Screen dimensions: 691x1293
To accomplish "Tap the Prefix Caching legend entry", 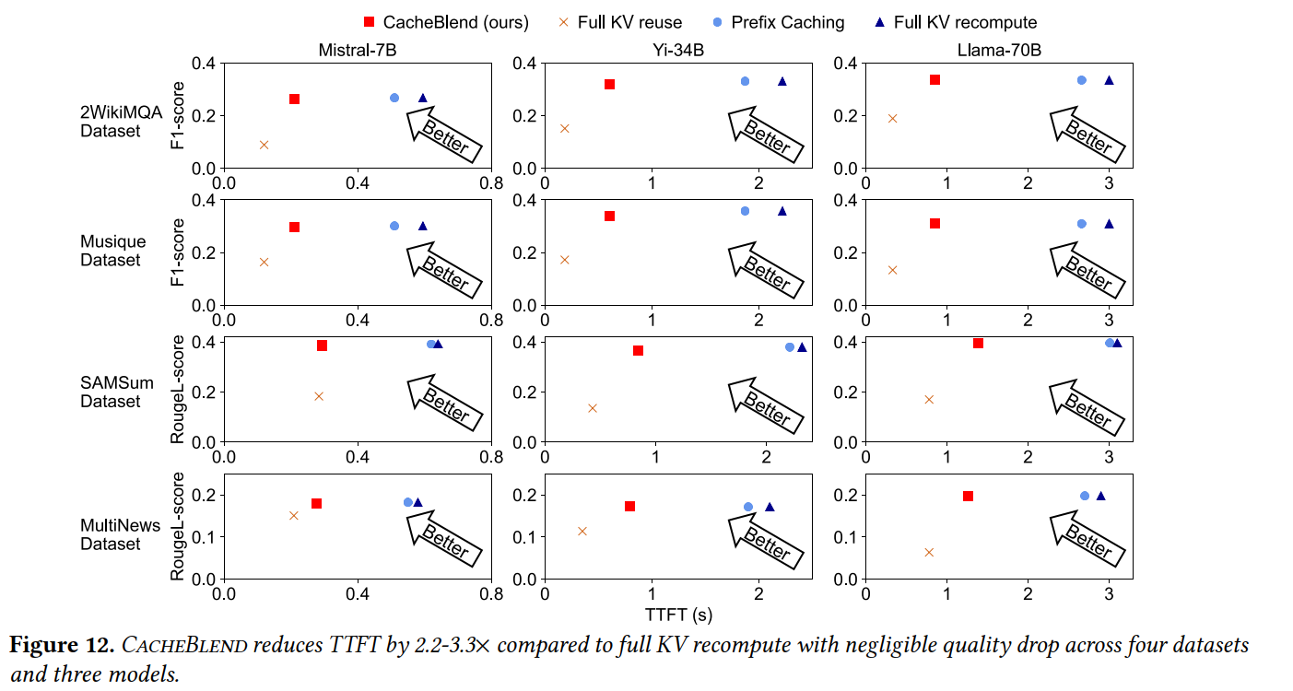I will tap(783, 22).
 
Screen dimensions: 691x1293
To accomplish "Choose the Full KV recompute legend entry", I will tap(956, 22).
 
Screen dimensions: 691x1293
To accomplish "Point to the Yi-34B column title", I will tap(678, 50).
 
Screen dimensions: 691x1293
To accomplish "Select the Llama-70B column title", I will tap(998, 50).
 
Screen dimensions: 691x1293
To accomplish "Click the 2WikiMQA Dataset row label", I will tap(111, 122).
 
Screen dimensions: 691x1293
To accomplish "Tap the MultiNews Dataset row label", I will tap(108, 534).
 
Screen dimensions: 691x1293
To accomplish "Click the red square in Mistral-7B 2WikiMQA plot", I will tap(295, 99).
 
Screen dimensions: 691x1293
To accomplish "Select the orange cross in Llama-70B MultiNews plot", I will tap(929, 552).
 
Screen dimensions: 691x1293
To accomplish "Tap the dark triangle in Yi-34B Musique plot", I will tap(782, 211).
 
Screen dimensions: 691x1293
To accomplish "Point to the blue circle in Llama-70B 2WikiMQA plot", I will tap(1082, 80).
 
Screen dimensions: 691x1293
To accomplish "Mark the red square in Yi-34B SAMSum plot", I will tap(638, 350).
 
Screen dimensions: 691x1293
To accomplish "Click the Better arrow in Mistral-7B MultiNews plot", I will tap(442, 538).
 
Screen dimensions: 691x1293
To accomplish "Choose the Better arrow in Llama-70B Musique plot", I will tap(1087, 266).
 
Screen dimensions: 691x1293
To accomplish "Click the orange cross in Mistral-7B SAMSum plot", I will tap(319, 396).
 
